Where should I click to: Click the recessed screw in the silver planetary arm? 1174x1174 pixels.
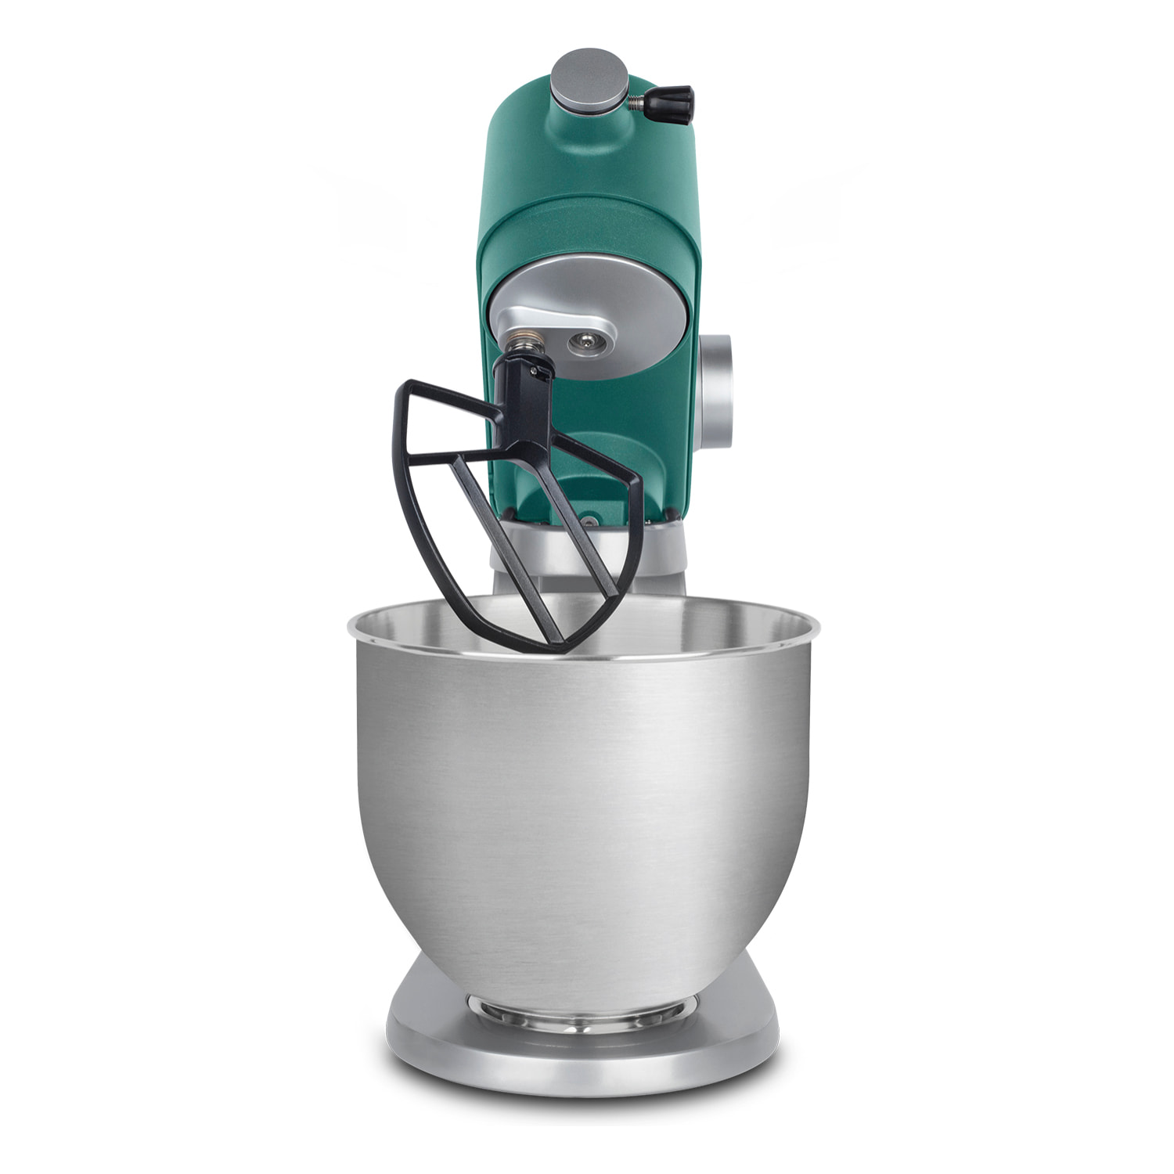point(585,340)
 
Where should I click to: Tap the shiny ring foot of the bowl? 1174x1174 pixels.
point(583,1006)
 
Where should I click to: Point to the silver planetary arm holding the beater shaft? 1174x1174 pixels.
point(548,325)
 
